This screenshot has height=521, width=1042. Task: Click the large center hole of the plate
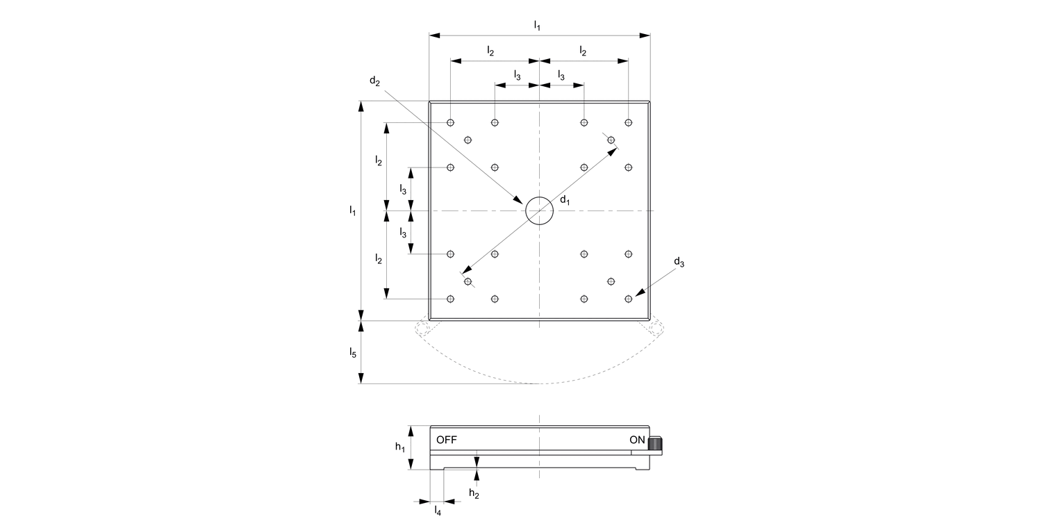tap(539, 210)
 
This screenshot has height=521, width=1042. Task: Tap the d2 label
tap(375, 81)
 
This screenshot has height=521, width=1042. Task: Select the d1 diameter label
tap(565, 201)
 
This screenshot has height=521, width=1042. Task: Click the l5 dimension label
tap(353, 353)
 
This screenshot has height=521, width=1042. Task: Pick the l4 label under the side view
tap(438, 511)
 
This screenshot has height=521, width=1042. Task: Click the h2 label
tap(474, 493)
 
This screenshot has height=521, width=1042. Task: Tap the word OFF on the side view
tap(447, 440)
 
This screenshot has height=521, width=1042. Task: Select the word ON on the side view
tap(637, 440)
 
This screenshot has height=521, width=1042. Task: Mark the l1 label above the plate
tap(537, 25)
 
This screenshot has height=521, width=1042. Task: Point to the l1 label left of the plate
tap(353, 210)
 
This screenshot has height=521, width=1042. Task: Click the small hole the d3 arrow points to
tap(629, 299)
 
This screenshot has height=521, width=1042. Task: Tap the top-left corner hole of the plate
tap(451, 123)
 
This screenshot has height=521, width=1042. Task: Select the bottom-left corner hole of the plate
tap(451, 299)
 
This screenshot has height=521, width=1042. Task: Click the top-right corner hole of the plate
tap(629, 123)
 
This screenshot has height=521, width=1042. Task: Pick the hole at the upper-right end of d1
tap(611, 140)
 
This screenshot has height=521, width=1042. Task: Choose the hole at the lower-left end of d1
tap(468, 281)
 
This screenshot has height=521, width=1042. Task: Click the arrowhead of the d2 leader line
tap(520, 201)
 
